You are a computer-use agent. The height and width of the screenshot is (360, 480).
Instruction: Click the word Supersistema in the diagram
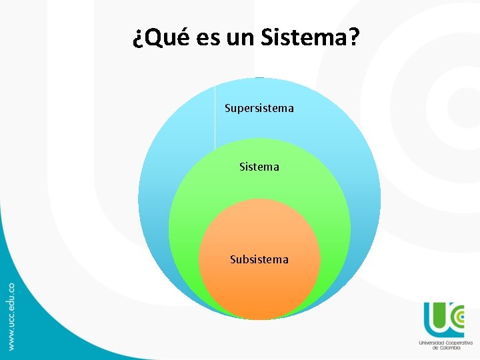259,108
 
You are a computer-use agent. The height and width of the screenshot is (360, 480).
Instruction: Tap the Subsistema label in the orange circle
259,259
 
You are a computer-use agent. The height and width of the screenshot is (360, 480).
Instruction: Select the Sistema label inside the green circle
259,167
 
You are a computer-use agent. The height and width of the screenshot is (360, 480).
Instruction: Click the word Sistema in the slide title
304,39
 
